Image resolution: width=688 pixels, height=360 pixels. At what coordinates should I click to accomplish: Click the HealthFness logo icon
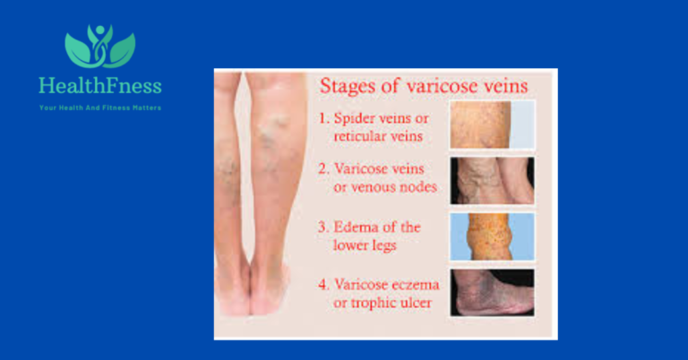pyautogui.click(x=99, y=46)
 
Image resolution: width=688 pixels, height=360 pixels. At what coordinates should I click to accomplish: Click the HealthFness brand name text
pyautogui.click(x=99, y=87)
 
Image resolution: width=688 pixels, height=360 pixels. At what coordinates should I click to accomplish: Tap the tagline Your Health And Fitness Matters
pyautogui.click(x=99, y=107)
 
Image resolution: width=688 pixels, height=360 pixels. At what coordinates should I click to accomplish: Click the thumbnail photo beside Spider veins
pyautogui.click(x=491, y=124)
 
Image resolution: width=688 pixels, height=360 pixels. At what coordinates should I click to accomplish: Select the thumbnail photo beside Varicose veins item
pyautogui.click(x=491, y=180)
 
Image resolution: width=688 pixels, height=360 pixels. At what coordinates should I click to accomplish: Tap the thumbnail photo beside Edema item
pyautogui.click(x=491, y=236)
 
